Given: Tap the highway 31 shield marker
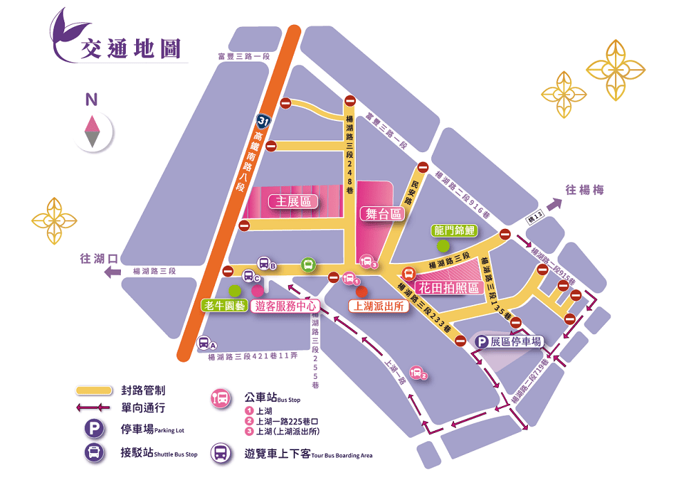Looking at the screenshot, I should pyautogui.click(x=262, y=120).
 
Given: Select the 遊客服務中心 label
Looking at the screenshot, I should pyautogui.click(x=286, y=305).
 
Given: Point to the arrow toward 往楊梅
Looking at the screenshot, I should pyautogui.click(x=552, y=205).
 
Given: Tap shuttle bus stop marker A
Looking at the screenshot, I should pyautogui.click(x=205, y=342).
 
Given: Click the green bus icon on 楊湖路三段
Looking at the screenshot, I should pyautogui.click(x=308, y=264).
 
